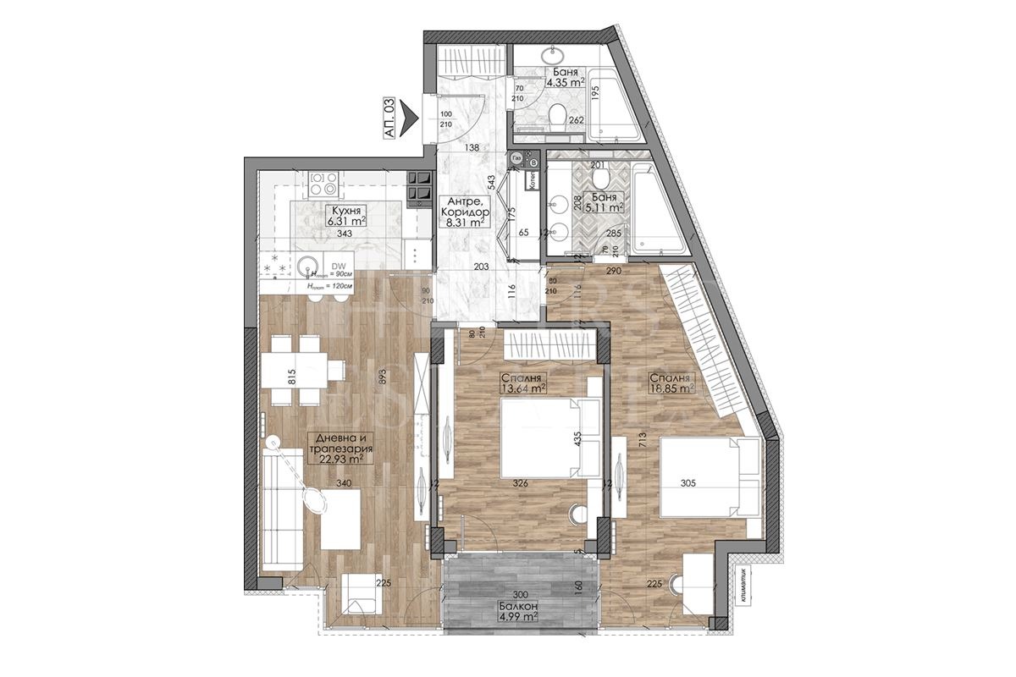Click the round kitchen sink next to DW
(306, 266)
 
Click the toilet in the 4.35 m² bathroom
(559, 116)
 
